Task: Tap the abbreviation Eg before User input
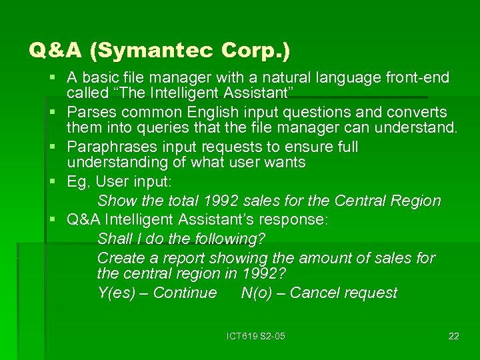tap(77, 181)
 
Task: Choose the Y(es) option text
tap(119, 293)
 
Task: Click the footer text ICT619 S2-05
tap(255, 336)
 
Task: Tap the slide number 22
tap(453, 336)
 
